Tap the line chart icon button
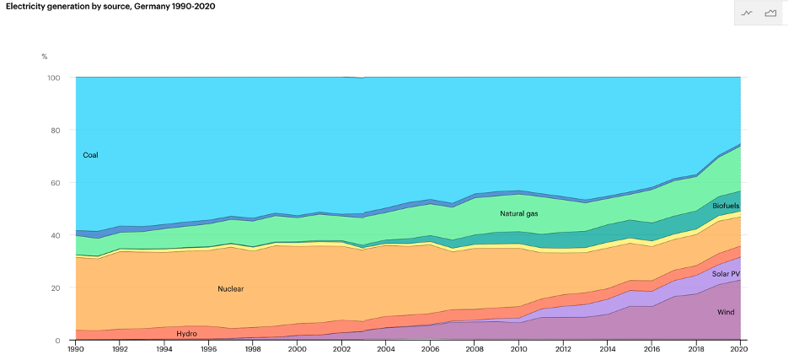pos(747,13)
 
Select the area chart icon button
pos(770,13)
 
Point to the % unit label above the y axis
pos(45,56)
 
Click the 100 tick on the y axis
pos(54,78)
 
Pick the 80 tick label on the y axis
pos(56,131)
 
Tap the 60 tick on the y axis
pos(56,183)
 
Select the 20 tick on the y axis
pos(56,288)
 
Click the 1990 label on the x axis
pos(76,349)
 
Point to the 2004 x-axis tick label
pos(386,349)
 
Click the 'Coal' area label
pos(91,155)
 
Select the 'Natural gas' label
pos(518,213)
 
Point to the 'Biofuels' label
pos(725,206)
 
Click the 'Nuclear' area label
pos(230,289)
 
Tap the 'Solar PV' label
pos(726,274)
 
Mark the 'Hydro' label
pos(186,334)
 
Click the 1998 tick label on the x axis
pos(253,349)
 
